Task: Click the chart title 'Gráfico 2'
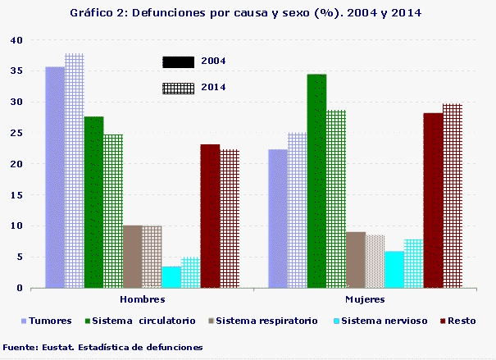point(248,14)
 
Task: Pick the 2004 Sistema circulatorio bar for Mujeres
point(316,181)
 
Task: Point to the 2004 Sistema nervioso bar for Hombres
point(171,277)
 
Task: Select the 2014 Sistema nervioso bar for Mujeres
point(414,263)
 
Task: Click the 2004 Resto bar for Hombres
point(211,216)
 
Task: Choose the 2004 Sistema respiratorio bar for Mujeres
point(356,260)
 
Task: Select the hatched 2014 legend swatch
point(178,88)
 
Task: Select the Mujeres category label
point(364,301)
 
